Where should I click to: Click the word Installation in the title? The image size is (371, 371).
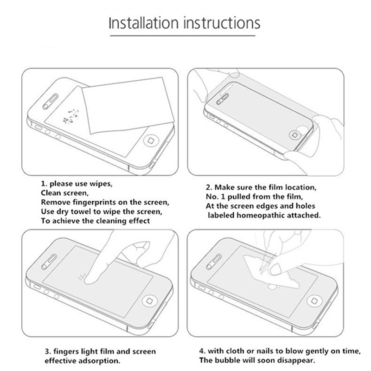pyautogui.click(x=143, y=23)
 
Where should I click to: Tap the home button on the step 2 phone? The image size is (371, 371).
pyautogui.click(x=295, y=135)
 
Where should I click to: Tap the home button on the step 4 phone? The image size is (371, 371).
pyautogui.click(x=314, y=301)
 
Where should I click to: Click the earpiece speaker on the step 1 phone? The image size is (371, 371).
pyautogui.click(x=51, y=102)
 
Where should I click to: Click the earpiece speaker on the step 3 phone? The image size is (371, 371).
pyautogui.click(x=49, y=262)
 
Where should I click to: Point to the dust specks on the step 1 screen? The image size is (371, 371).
pyautogui.click(x=71, y=116)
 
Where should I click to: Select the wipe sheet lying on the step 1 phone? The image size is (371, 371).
pyautogui.click(x=128, y=105)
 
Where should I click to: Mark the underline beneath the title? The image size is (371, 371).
pyautogui.click(x=183, y=36)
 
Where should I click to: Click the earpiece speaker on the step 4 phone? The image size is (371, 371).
pyautogui.click(x=214, y=262)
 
